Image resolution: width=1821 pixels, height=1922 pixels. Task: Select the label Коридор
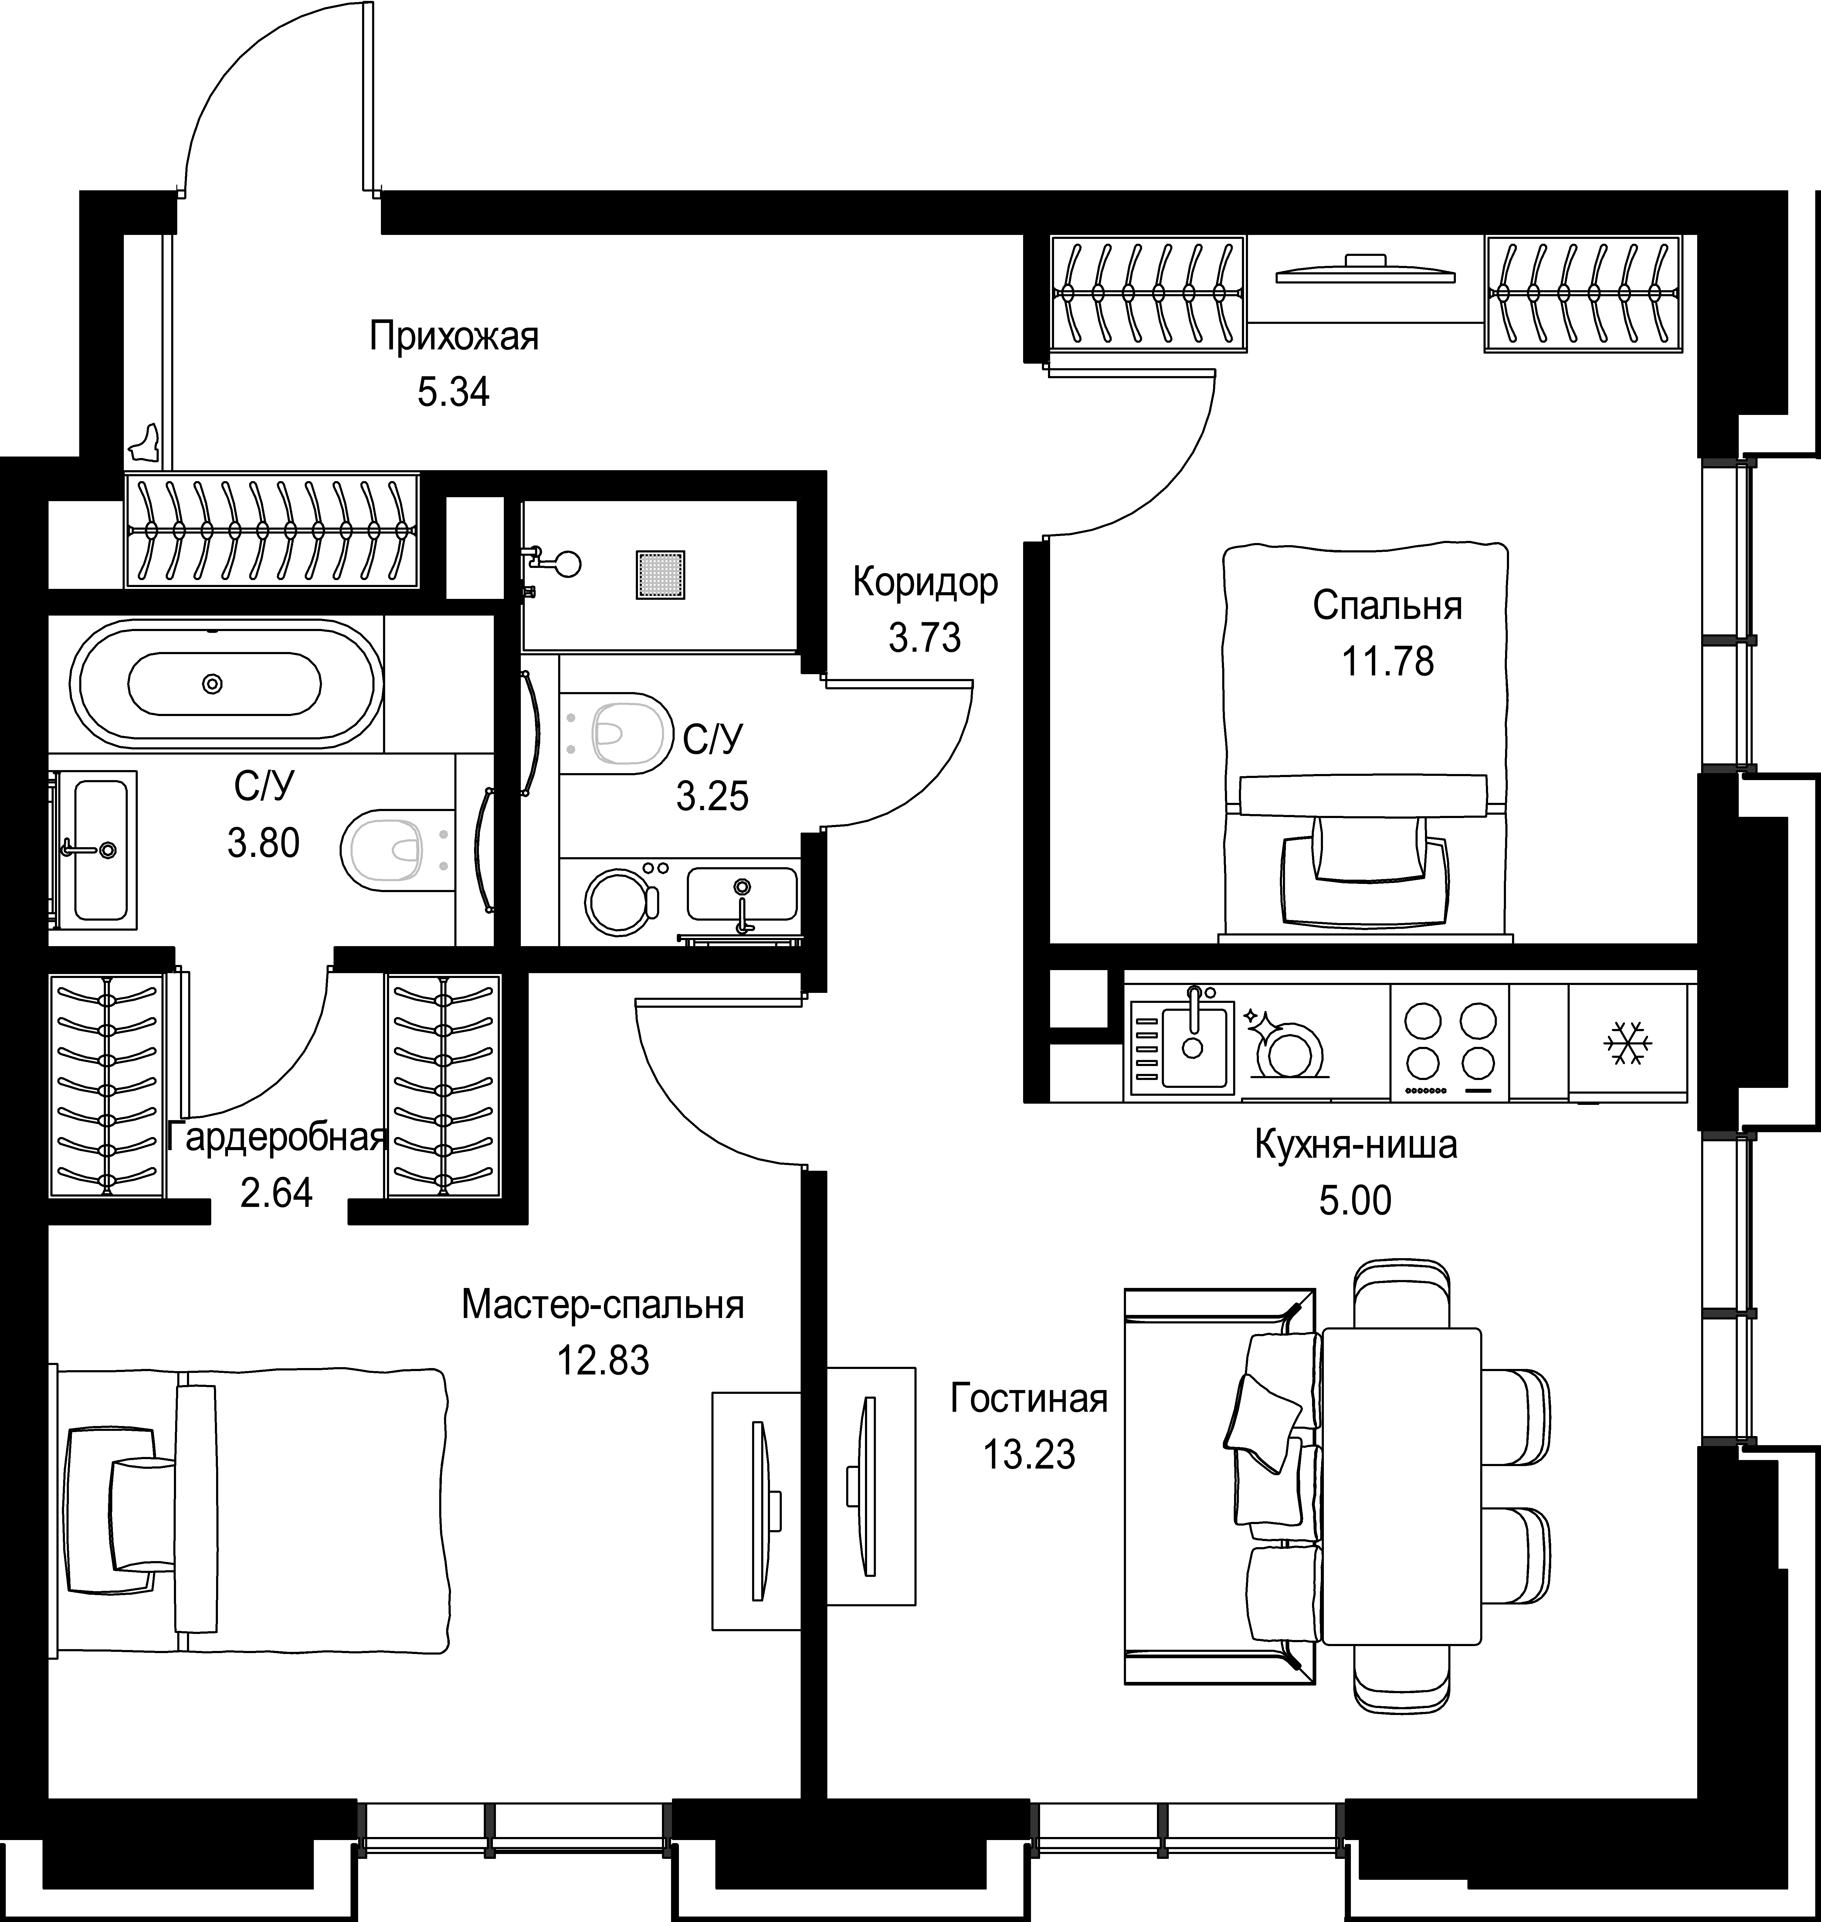point(925,582)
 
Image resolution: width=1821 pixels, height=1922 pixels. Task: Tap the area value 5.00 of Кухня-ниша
point(1355,1201)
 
